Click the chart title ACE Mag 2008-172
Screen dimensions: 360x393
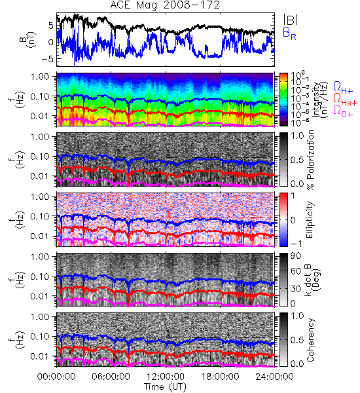tap(165, 5)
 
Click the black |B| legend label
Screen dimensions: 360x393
tap(291, 20)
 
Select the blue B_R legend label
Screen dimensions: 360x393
tap(289, 34)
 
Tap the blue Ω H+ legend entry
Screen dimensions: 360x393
tap(343, 88)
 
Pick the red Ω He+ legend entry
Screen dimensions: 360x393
tap(345, 100)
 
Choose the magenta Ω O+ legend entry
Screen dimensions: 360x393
tap(343, 111)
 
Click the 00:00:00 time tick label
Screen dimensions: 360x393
tap(56, 377)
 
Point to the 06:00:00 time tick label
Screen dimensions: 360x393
tap(111, 377)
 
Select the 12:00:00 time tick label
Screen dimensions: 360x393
tap(166, 377)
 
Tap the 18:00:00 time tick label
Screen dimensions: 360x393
tap(220, 377)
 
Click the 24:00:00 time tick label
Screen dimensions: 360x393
tap(274, 377)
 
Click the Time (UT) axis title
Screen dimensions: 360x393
tap(165, 387)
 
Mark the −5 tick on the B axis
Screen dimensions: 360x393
tap(48, 59)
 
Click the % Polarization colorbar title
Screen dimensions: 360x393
tap(310, 160)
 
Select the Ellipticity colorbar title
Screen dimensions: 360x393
tap(310, 219)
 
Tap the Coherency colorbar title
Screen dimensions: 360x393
tap(310, 340)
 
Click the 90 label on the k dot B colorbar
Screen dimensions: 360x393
tap(295, 256)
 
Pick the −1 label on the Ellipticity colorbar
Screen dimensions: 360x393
tap(297, 244)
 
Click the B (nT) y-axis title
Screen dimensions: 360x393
tap(27, 39)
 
